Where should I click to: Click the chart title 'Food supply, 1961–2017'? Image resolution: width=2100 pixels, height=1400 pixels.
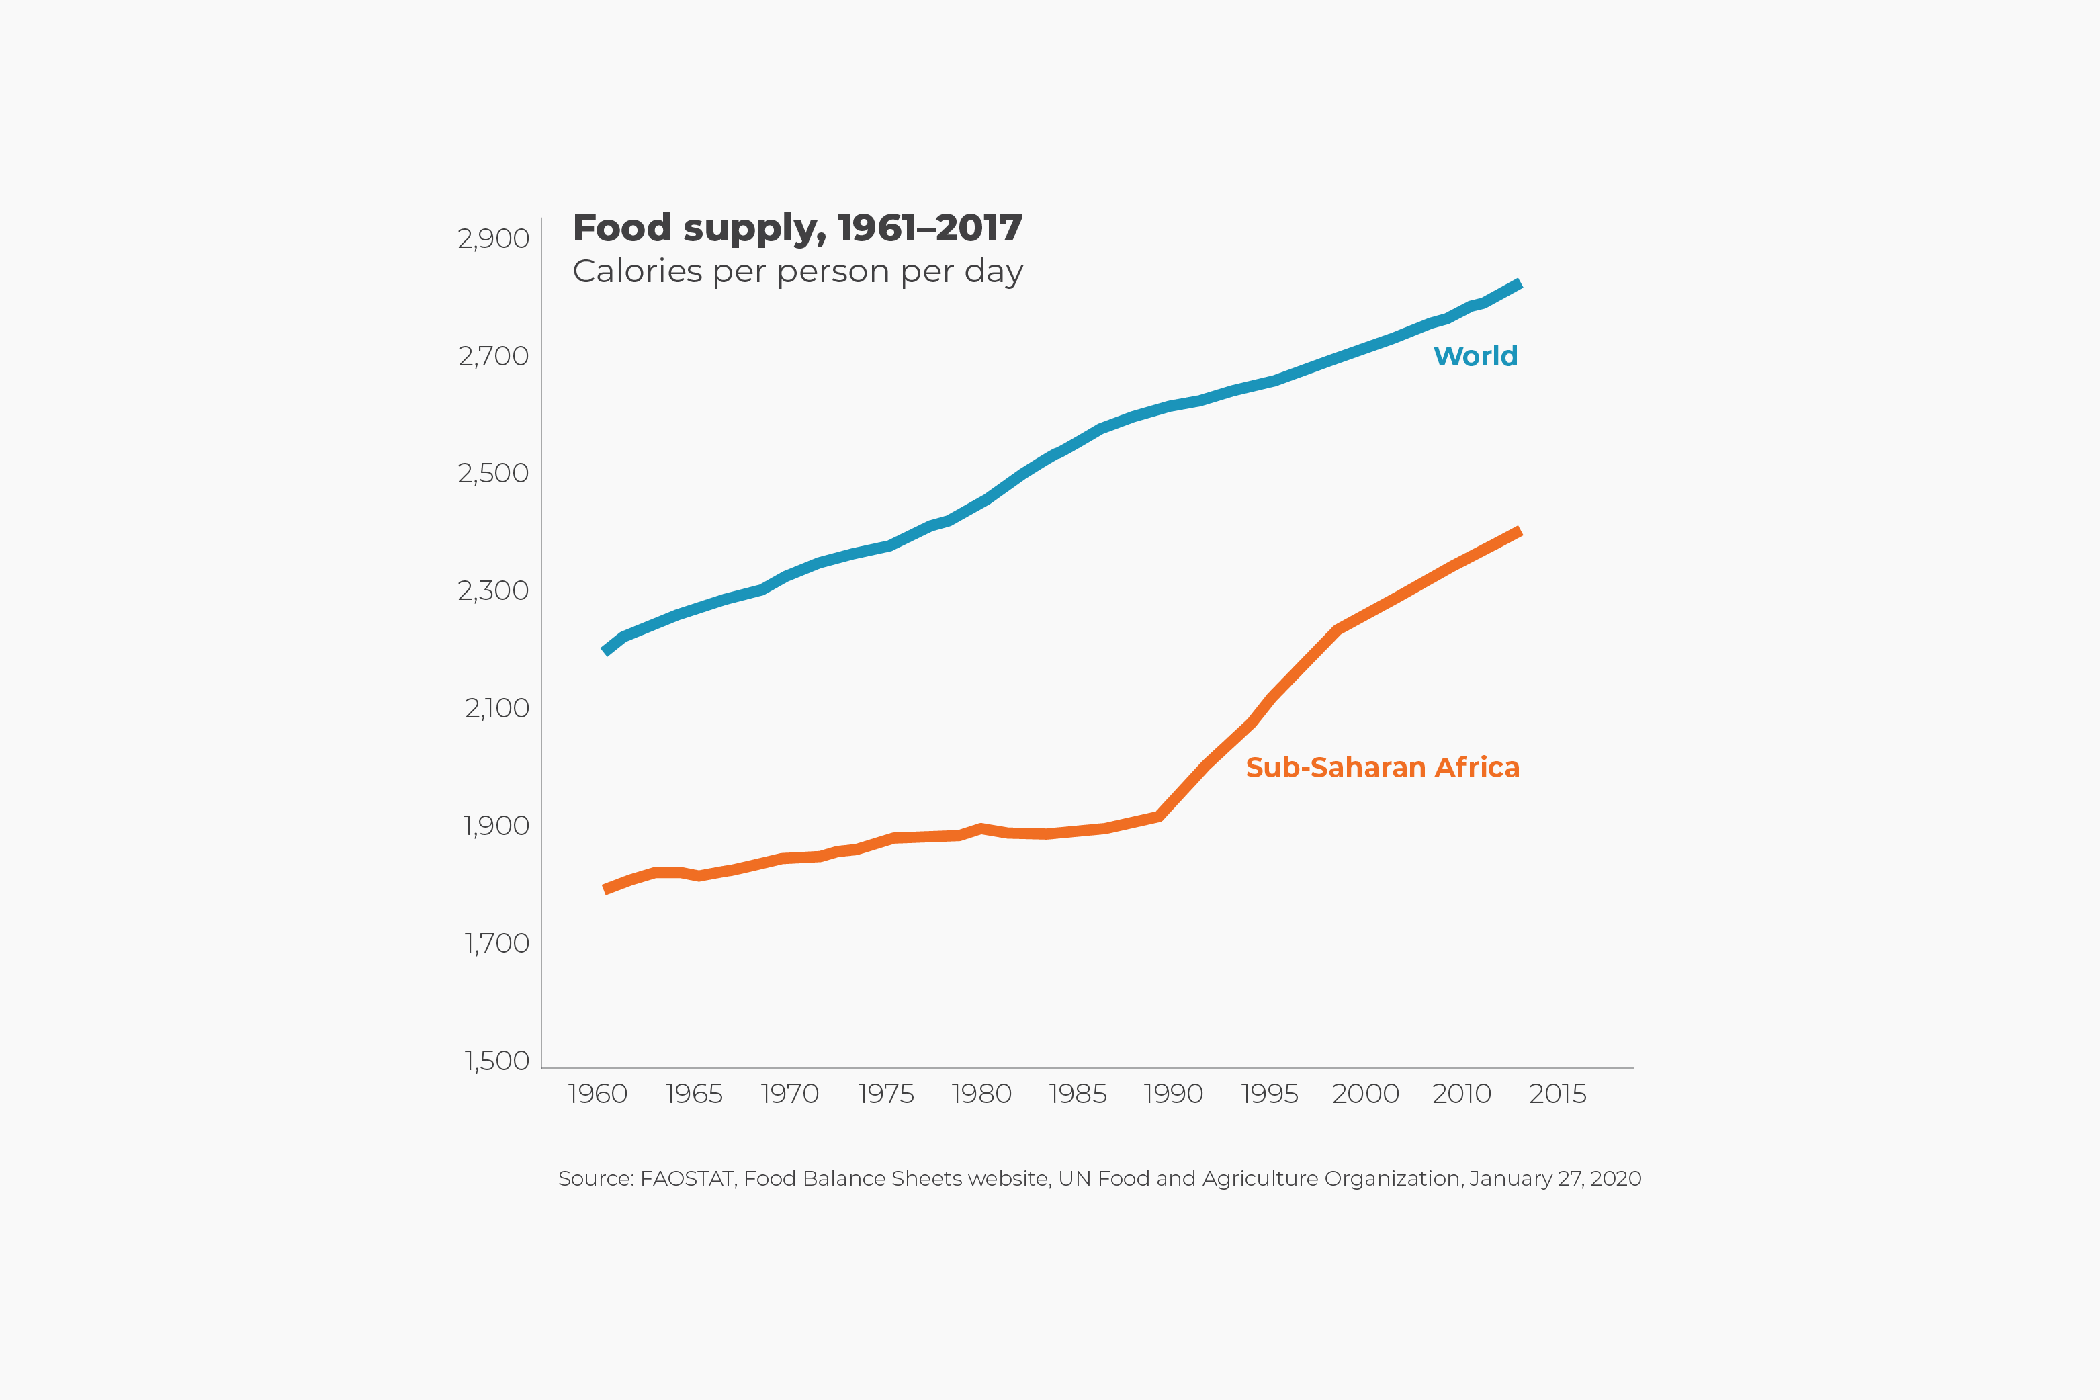tap(797, 228)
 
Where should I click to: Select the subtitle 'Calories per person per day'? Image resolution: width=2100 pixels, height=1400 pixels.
tap(797, 271)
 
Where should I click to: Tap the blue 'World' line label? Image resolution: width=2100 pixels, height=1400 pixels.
tap(1475, 356)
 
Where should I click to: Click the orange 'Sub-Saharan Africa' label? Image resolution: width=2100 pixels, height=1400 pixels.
tap(1382, 768)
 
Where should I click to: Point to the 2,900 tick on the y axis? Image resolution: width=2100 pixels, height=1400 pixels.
tap(493, 239)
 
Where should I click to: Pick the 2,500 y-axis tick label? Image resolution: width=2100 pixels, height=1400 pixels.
tap(493, 473)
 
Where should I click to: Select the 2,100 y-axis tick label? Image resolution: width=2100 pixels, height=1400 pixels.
tap(496, 709)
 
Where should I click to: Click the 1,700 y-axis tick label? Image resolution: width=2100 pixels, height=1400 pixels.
tap(496, 944)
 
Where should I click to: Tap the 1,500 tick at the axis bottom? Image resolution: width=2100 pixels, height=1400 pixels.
tap(496, 1061)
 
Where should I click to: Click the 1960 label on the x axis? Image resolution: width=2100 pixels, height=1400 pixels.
tap(597, 1094)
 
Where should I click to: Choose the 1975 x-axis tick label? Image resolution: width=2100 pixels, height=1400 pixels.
tap(885, 1094)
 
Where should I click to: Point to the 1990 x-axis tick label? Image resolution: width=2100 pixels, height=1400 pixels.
tap(1173, 1094)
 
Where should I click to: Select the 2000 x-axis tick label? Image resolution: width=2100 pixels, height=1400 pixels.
tap(1365, 1094)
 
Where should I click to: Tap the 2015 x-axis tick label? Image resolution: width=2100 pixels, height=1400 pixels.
tap(1557, 1094)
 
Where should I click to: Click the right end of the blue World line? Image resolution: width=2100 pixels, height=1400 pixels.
tap(1519, 285)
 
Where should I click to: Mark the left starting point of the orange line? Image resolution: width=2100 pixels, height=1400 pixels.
tap(605, 889)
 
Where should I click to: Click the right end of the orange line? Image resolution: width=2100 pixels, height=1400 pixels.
tap(1519, 532)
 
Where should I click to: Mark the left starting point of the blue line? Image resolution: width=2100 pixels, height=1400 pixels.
tap(605, 651)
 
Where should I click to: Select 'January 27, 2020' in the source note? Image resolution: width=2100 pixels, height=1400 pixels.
tap(1555, 1178)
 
